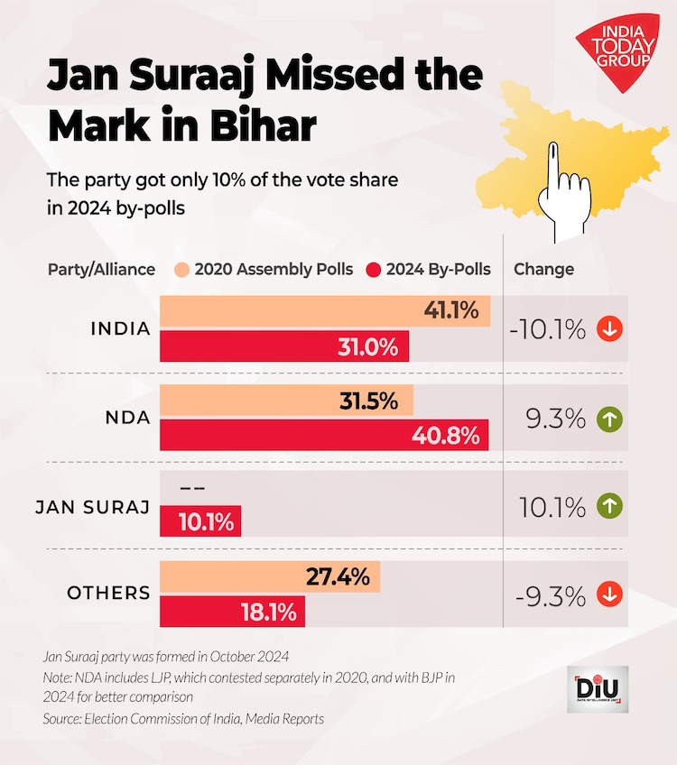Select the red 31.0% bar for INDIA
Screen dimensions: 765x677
pos(284,346)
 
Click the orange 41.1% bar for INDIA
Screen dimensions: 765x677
pos(325,311)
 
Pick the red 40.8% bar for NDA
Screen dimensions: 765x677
pos(324,436)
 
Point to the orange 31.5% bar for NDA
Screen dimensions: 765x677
pos(286,401)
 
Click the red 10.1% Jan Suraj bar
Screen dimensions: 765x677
pos(200,521)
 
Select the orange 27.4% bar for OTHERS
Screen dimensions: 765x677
pos(270,577)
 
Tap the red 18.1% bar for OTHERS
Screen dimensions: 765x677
pos(233,613)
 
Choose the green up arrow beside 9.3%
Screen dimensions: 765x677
pos(610,419)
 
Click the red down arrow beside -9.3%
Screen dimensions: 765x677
pos(610,594)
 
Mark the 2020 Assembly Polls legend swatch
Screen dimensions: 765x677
pos(182,270)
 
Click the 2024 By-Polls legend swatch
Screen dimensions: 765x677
pos(374,270)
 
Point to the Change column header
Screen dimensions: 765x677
pos(543,270)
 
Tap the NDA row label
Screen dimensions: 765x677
pos(126,419)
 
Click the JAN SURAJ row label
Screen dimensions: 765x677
pos(92,507)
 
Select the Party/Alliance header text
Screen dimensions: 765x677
pos(101,270)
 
